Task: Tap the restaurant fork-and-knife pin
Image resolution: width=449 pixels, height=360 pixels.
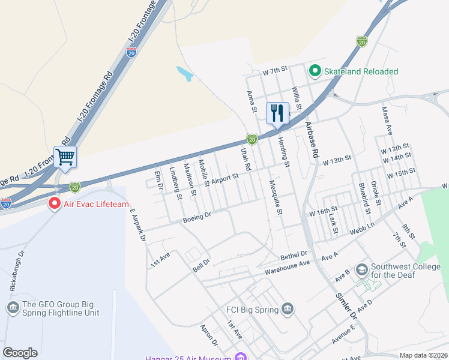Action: (277, 112)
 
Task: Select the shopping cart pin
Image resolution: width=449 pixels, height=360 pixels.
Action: (65, 157)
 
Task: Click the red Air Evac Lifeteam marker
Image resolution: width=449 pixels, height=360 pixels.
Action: (55, 204)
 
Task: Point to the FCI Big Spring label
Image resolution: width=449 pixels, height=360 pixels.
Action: (252, 310)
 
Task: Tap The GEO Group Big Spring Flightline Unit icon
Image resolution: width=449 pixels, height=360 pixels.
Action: (13, 308)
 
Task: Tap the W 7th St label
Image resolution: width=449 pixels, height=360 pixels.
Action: (276, 71)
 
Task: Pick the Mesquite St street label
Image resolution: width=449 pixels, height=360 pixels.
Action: (276, 199)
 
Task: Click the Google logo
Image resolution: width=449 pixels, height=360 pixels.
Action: (20, 353)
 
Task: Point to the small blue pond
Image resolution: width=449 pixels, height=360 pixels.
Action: (184, 74)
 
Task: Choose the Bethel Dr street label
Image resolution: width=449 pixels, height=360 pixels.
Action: (294, 256)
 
